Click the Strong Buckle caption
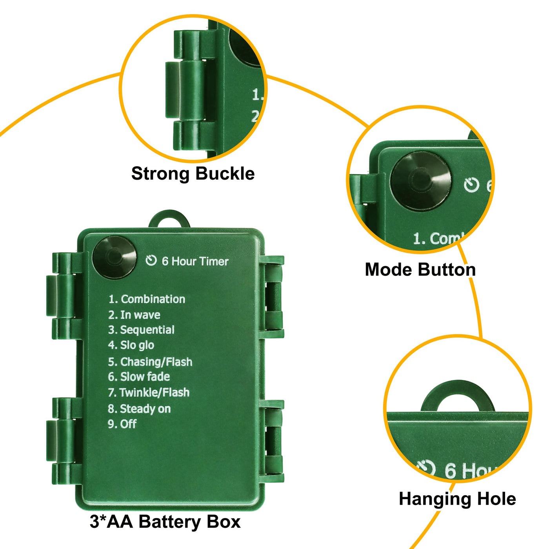193,174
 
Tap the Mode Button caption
420,270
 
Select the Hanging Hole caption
457,499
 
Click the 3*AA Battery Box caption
165,522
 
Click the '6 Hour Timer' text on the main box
195,261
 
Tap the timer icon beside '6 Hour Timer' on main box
151,261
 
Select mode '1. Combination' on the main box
147,299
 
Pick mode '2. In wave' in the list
134,315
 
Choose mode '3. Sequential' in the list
141,330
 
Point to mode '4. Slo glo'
131,345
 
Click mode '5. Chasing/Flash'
150,362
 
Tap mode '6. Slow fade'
139,377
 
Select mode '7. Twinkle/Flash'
149,393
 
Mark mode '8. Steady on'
139,409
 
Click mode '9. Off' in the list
122,424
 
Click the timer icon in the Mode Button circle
471,185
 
